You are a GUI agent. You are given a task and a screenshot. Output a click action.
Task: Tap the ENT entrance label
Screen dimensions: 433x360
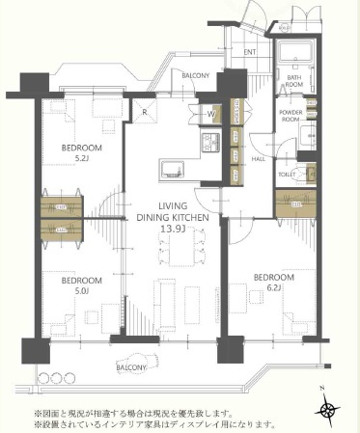[x=249, y=51]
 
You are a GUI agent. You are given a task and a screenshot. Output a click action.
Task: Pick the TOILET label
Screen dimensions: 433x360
[x=286, y=175]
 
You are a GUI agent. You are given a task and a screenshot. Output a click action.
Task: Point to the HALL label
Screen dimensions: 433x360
[x=259, y=159]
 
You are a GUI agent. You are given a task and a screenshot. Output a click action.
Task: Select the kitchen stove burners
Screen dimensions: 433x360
[x=208, y=145]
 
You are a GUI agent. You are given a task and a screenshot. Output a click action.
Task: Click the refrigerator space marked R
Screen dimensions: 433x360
[x=143, y=109]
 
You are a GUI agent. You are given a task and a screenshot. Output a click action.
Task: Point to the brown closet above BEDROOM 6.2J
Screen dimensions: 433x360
[x=293, y=204]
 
